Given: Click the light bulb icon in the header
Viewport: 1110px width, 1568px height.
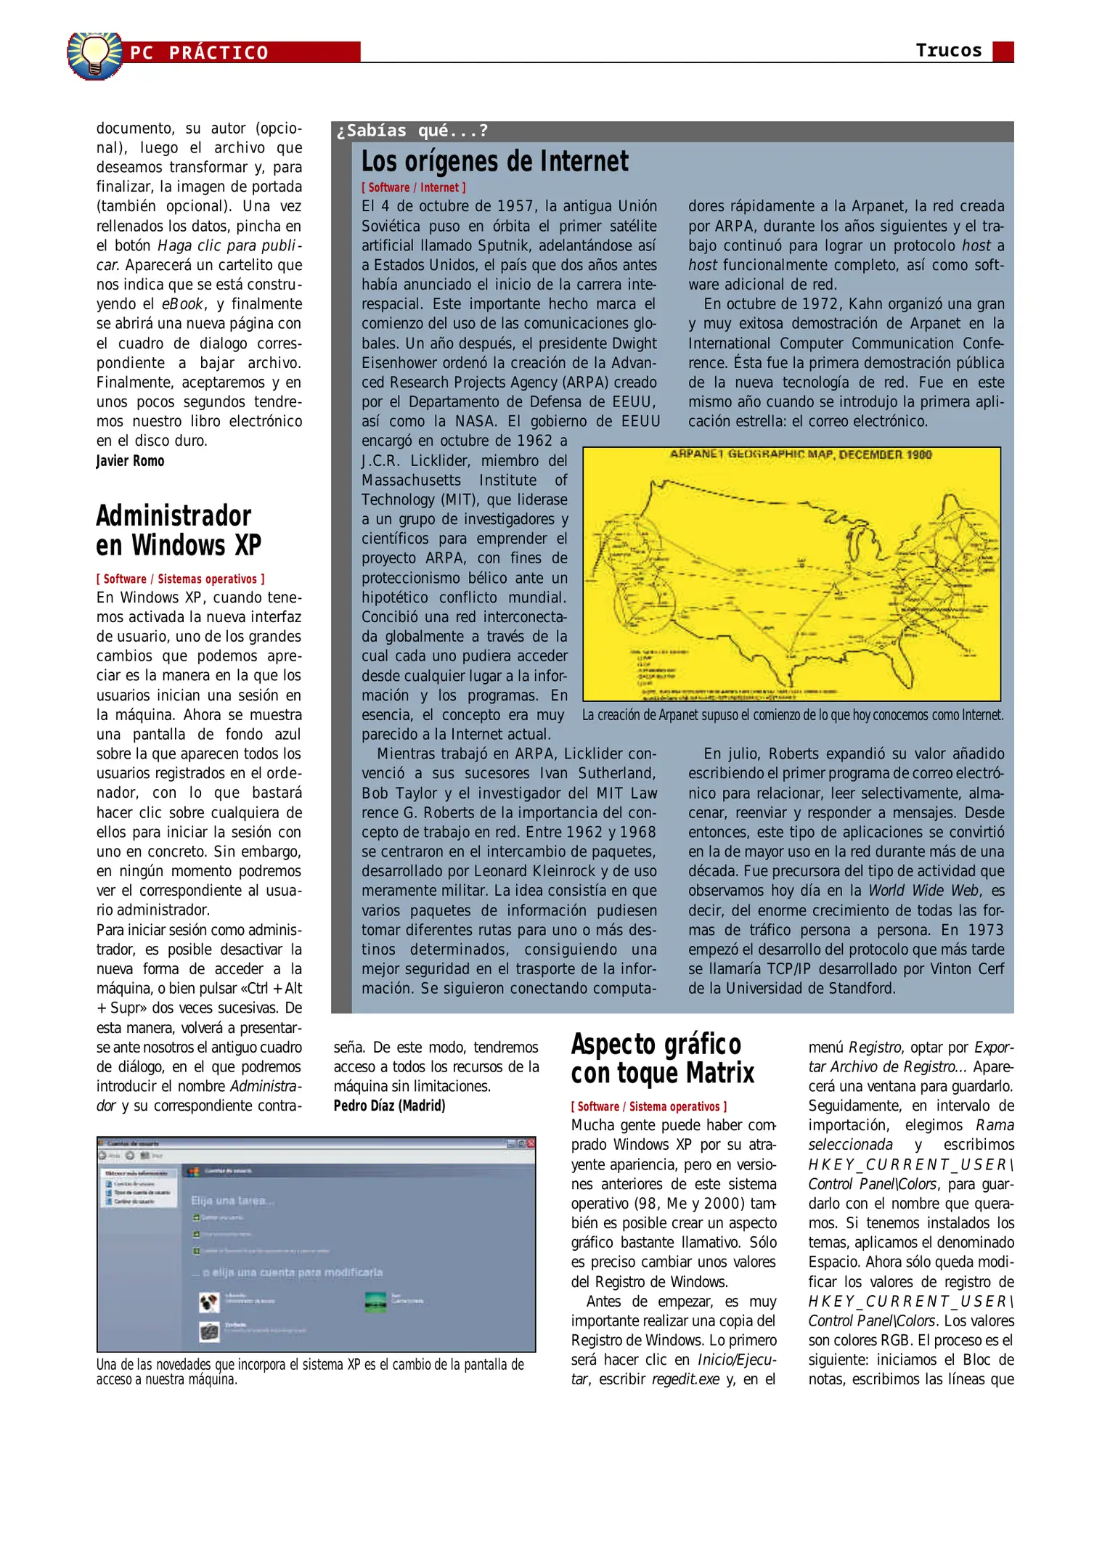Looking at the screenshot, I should (x=94, y=54).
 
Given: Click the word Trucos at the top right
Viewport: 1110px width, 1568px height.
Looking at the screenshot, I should (x=948, y=50).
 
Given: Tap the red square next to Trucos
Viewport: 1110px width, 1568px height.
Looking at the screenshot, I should (x=1003, y=52).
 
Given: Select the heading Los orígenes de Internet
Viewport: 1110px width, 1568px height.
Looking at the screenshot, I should (x=494, y=161).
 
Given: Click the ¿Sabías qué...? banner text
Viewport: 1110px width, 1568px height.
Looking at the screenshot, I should (x=412, y=131).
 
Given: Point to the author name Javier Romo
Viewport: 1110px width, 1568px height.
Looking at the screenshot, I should (x=130, y=461).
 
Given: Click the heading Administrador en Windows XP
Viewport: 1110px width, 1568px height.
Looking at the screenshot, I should (x=178, y=531).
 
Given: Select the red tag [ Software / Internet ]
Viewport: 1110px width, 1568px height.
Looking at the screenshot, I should (x=413, y=187).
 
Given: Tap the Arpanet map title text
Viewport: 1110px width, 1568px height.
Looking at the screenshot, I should (x=800, y=454).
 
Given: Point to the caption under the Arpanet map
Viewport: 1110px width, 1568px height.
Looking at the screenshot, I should (x=792, y=715).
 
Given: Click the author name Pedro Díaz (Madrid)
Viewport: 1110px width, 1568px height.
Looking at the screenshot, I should (x=389, y=1106).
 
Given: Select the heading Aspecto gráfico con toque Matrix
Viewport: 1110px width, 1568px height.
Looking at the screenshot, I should (x=662, y=1058).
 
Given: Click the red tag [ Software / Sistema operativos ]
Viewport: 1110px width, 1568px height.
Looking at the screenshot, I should (x=648, y=1106).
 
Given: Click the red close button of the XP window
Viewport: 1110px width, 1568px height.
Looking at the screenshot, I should (x=531, y=1143).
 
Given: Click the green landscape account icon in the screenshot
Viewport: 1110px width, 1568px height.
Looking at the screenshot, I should (x=375, y=1302).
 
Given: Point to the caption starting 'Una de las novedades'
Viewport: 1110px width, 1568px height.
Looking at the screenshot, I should (x=310, y=1371).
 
